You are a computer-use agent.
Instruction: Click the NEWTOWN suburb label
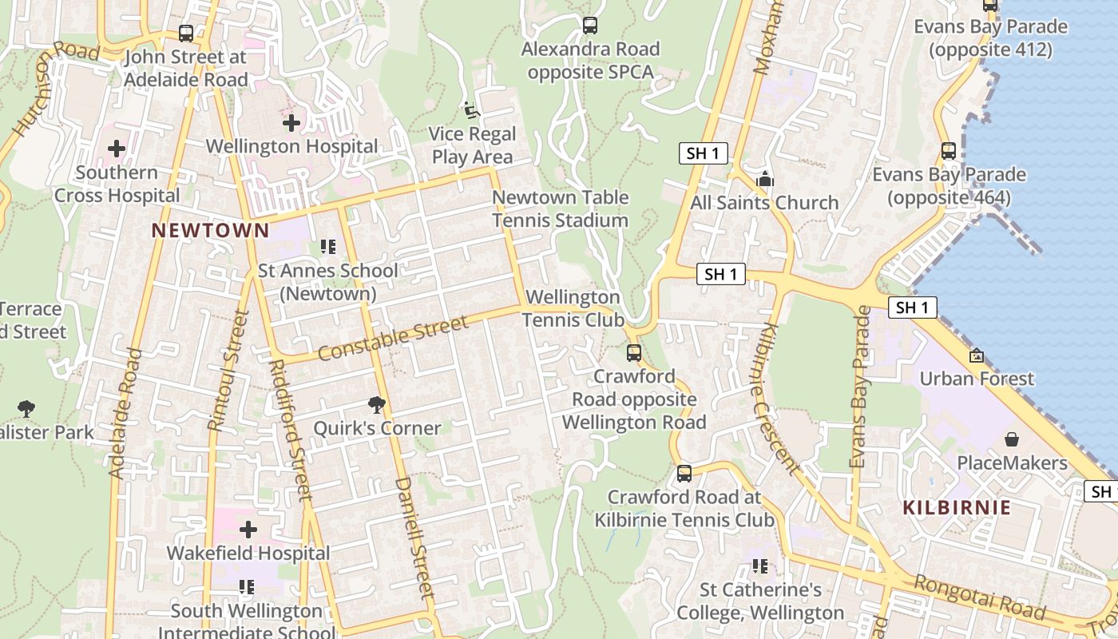tap(210, 231)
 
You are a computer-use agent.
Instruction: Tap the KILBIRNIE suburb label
tap(957, 507)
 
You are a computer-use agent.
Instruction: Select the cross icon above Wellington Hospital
tap(291, 123)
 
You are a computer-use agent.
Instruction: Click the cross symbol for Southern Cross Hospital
tap(117, 149)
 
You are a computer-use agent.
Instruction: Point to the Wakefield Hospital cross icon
tap(248, 529)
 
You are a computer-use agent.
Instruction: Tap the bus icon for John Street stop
tap(186, 34)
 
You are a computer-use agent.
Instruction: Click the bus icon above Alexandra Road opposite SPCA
tap(590, 26)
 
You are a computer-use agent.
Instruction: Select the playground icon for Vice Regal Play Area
tap(471, 109)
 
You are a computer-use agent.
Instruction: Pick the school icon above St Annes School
tap(327, 247)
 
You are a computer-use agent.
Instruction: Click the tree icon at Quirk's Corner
tap(377, 404)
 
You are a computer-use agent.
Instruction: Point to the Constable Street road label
tap(392, 339)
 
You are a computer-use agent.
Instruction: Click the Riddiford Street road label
tap(290, 430)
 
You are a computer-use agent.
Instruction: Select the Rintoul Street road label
tap(228, 371)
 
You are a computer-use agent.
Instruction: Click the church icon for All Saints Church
tap(764, 179)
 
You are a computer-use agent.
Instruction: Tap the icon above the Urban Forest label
tap(976, 355)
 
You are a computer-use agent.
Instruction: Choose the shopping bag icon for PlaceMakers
tap(1012, 439)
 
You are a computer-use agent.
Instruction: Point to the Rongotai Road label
tap(979, 597)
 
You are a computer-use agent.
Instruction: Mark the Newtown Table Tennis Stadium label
tap(560, 208)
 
